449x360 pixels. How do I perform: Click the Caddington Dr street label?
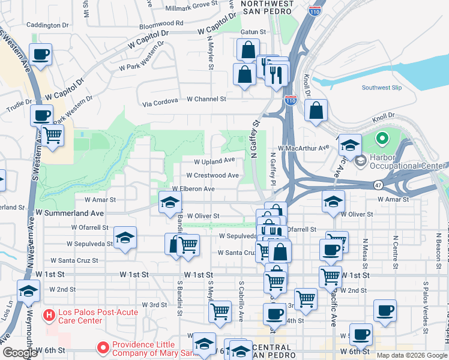point(48,25)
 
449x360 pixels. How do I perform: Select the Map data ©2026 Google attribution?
point(412,355)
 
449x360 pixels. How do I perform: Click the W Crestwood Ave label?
point(212,176)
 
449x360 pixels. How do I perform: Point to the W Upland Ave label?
point(214,161)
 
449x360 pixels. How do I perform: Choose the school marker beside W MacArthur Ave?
point(349,146)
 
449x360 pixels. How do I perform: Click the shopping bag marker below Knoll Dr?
point(316,111)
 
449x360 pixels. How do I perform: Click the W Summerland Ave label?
point(69,212)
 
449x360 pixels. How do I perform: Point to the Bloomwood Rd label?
point(161,23)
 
